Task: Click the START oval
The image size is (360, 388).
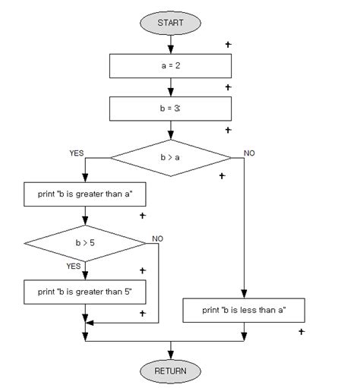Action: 170,23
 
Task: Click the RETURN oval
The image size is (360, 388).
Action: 170,371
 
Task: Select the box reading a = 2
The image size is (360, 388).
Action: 170,66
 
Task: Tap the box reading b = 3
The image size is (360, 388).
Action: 170,109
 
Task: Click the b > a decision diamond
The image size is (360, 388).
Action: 170,158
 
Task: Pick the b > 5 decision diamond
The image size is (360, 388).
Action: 85,244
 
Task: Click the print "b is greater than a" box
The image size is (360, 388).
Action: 85,194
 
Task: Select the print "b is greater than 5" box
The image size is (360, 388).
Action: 85,291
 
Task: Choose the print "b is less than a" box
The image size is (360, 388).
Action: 244,310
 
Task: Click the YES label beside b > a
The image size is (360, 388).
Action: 77,153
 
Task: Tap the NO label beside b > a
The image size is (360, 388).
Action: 249,153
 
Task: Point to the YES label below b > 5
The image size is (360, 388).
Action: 73,267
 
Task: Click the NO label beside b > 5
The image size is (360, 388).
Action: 157,238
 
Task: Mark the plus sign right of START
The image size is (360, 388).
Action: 228,44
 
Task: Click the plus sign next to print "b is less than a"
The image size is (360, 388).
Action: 302,331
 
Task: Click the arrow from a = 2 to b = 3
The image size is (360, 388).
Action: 170,87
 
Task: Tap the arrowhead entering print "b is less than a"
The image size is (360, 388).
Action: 244,295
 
